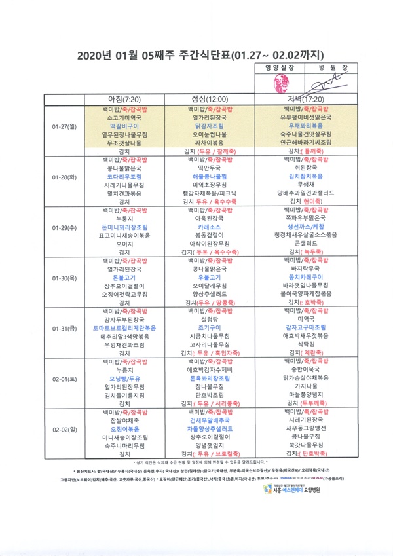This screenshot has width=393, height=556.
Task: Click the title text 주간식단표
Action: coord(192,54)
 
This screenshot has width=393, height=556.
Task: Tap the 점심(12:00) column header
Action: coord(209,98)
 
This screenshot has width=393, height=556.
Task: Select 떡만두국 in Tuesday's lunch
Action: coord(209,167)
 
